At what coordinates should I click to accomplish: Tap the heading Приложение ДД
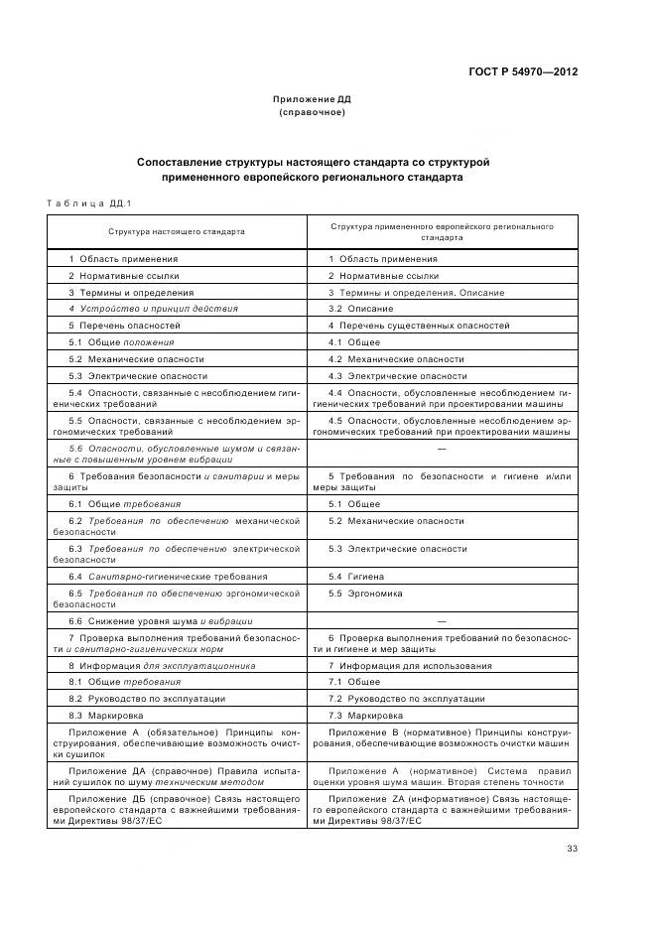coord(312,99)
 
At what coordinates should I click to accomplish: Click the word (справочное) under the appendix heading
coord(312,112)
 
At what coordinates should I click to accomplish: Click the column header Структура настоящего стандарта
coord(177,230)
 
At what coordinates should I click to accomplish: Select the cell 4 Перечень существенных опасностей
coord(419,326)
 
